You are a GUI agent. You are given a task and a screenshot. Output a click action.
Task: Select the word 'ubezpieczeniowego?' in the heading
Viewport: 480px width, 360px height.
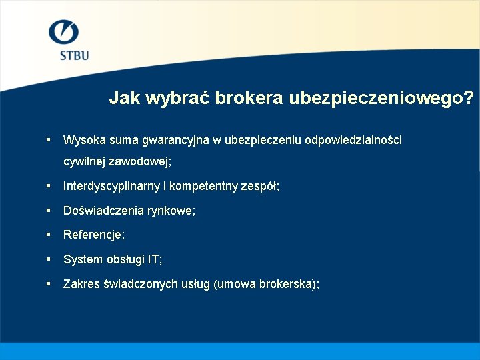[x=382, y=99]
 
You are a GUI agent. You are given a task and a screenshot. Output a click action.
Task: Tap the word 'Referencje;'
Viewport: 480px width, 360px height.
[x=94, y=235]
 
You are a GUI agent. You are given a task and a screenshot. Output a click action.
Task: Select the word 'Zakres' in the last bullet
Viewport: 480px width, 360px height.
[x=81, y=284]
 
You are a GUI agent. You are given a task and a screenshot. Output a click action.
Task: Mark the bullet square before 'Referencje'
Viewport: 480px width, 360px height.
[x=49, y=234]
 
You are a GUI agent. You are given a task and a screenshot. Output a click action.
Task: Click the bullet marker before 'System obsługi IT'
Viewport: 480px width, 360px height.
[x=49, y=259]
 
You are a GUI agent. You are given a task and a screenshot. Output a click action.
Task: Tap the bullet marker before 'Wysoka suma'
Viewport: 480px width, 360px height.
[x=49, y=139]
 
